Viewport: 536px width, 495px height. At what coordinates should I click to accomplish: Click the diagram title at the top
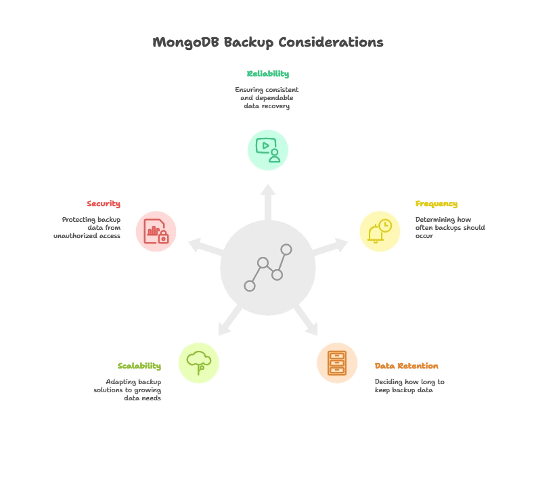[268, 42]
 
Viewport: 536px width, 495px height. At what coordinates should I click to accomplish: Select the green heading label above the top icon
[268, 75]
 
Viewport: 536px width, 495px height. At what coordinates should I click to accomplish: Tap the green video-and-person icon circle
[268, 150]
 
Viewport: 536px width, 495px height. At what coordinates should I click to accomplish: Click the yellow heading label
[436, 205]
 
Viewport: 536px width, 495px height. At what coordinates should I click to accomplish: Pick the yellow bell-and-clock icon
[380, 231]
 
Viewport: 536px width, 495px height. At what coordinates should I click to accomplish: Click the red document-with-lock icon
[156, 231]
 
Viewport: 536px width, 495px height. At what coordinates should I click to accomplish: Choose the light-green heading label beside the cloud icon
[138, 367]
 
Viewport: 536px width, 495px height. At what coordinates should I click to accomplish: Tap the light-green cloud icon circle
[198, 362]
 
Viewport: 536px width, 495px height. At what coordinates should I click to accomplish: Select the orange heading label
[406, 367]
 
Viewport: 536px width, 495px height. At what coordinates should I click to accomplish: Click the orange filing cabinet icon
[337, 362]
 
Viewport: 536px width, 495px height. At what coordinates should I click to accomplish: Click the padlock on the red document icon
[163, 237]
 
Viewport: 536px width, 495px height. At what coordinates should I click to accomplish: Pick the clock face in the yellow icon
[384, 226]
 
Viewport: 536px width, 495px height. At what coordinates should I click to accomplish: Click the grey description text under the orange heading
[410, 386]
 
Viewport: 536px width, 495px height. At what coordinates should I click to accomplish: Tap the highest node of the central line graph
[286, 250]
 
